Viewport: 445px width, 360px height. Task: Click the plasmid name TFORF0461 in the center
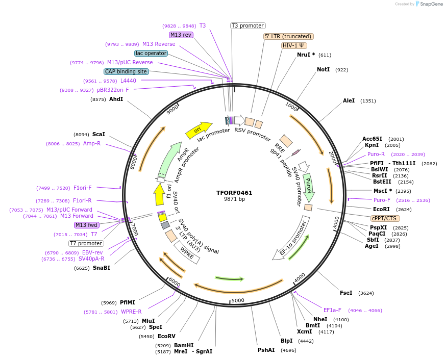tap(234, 193)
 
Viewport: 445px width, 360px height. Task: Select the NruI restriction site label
tap(306, 55)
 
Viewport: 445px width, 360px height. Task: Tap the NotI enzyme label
tap(323, 69)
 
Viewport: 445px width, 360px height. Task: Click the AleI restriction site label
tap(349, 101)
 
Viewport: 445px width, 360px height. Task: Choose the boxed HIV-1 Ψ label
tap(294, 45)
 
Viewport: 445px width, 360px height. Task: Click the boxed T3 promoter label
tap(248, 25)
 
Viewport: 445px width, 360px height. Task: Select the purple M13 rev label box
tap(181, 35)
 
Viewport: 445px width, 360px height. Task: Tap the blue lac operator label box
tap(151, 53)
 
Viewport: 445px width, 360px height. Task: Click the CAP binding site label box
tap(126, 72)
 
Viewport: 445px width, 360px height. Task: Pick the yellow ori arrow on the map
tap(199, 130)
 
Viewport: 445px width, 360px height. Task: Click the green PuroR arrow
tap(308, 187)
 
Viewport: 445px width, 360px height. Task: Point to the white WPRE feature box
tap(187, 252)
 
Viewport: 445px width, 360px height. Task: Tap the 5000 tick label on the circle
tap(238, 300)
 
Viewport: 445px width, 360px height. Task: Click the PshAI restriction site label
tap(266, 350)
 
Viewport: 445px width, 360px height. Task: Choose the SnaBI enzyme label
tap(101, 268)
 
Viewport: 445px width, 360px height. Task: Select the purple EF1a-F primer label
tap(332, 310)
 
